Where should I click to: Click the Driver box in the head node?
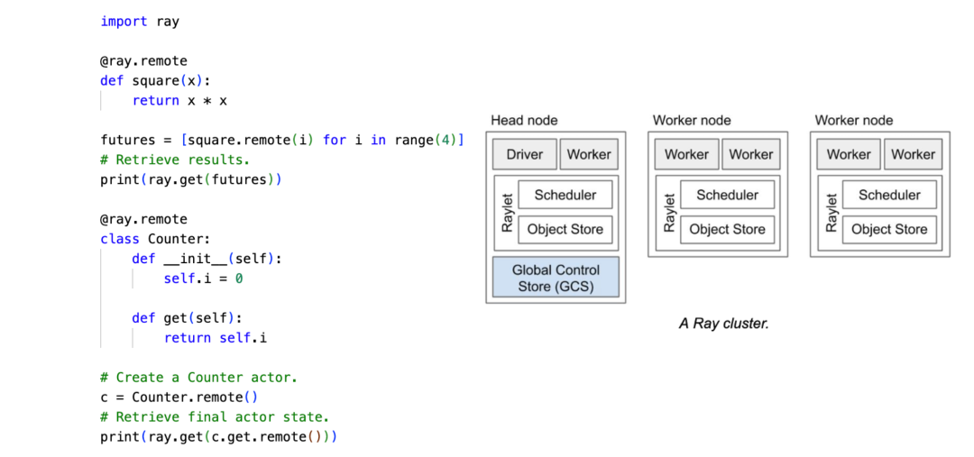[524, 154]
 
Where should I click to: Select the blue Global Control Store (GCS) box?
[556, 278]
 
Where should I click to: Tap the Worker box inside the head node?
[589, 154]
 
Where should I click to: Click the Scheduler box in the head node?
[565, 195]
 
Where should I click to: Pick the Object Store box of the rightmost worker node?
[889, 229]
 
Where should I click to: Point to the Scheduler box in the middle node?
[727, 195]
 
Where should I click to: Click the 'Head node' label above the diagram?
[524, 120]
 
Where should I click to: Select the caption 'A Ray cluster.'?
[723, 323]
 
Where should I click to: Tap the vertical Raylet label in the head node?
[507, 213]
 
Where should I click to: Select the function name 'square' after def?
[155, 80]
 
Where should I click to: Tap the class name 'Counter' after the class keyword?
[178, 239]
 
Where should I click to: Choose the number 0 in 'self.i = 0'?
[239, 279]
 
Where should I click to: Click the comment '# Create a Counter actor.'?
[198, 378]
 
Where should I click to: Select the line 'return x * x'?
[179, 100]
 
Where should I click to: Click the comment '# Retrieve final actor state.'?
[214, 417]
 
